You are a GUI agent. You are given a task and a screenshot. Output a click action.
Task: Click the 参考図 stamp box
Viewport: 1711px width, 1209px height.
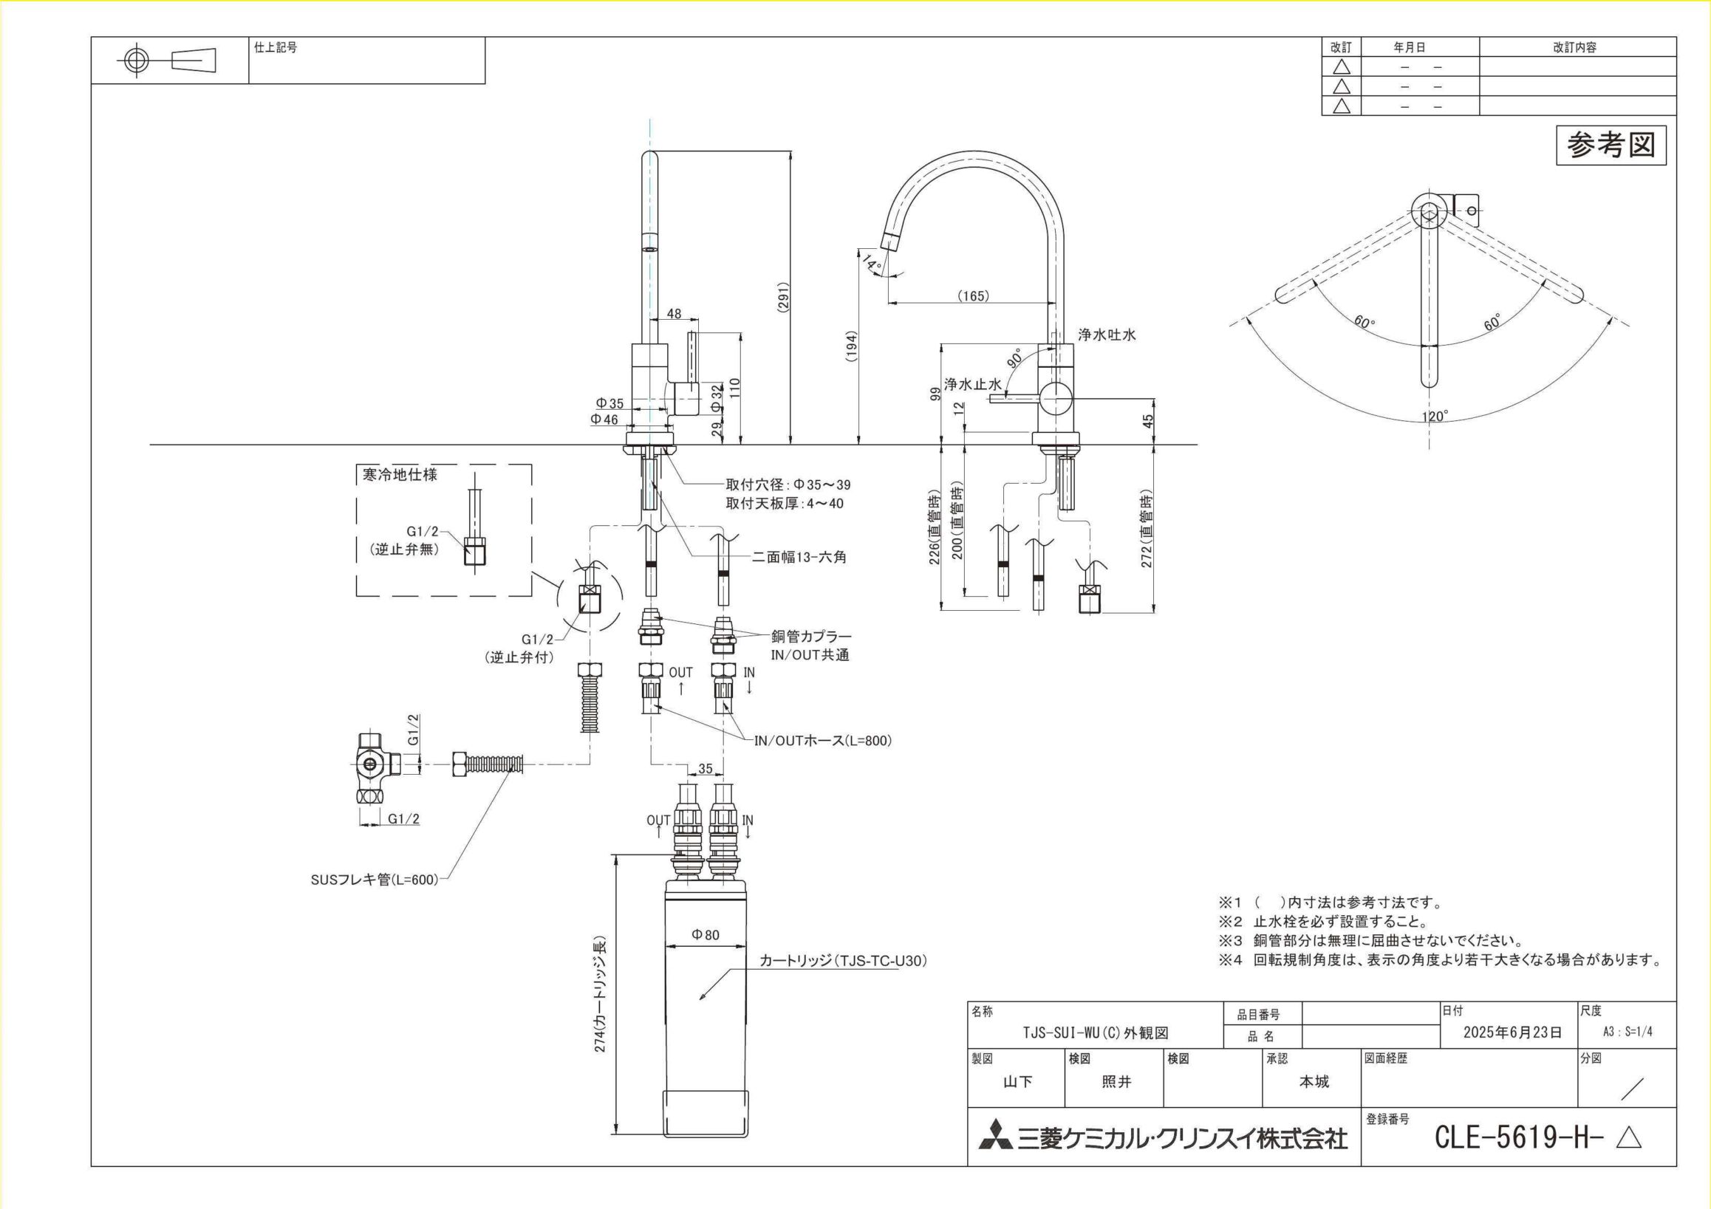(1611, 146)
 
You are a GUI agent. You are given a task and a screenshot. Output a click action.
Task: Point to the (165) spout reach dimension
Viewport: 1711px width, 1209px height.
(973, 295)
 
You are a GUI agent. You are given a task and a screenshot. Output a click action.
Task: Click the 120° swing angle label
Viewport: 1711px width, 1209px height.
(1435, 417)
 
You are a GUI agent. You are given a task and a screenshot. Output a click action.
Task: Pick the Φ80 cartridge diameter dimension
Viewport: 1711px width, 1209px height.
(706, 935)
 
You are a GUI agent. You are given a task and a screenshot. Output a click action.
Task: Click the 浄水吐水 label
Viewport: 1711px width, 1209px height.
(1107, 335)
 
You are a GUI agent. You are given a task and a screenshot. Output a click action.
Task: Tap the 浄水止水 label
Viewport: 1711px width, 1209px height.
(972, 384)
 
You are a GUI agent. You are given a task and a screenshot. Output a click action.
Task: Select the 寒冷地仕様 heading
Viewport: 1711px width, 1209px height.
(400, 474)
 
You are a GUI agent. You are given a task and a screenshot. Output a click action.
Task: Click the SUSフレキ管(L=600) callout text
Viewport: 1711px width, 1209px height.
(375, 880)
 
